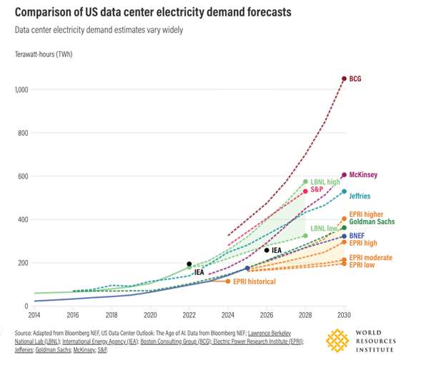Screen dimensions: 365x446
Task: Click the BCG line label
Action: pos(355,79)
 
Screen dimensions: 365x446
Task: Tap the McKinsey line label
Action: pos(364,175)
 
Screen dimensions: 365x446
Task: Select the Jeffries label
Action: pos(361,196)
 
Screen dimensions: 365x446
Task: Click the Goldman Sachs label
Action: pos(373,222)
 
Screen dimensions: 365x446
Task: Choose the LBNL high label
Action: pos(325,182)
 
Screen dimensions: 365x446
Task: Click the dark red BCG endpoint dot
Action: pos(344,79)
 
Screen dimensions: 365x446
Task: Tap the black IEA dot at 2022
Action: pos(189,264)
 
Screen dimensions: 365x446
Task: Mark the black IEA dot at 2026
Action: pos(267,250)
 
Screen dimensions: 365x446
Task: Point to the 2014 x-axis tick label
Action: pos(34,314)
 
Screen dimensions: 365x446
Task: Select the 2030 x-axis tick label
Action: pos(344,314)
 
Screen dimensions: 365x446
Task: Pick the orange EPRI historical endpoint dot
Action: pos(228,281)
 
